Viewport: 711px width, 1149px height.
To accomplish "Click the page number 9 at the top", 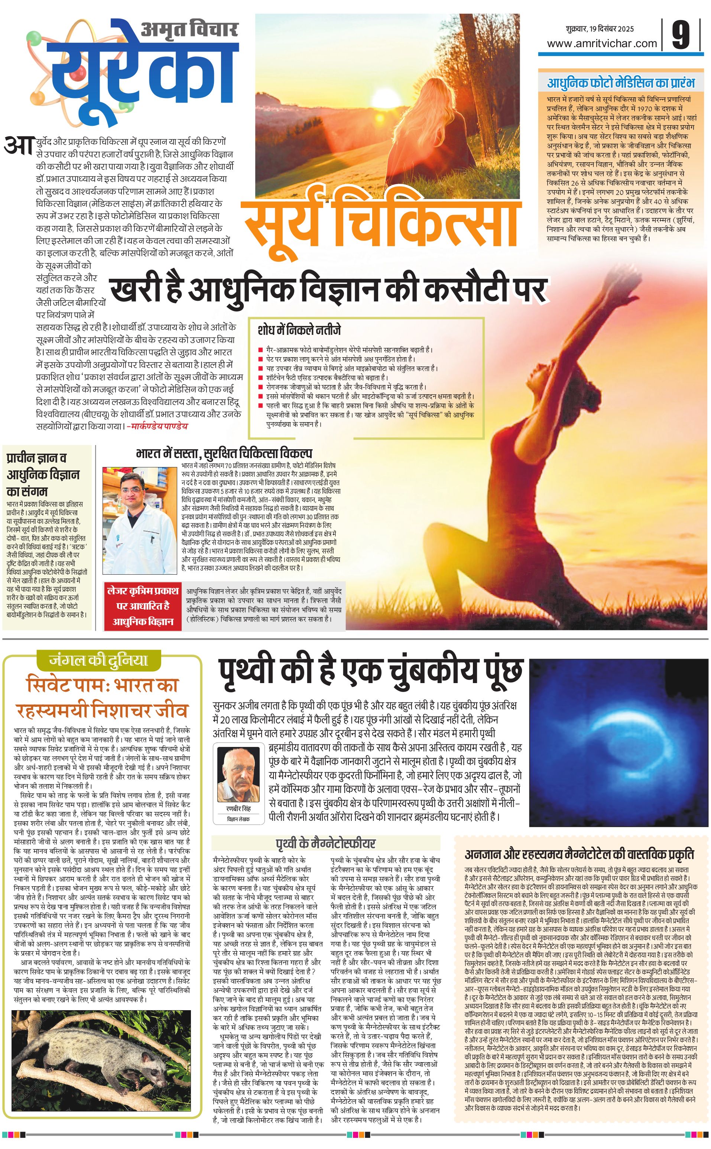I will [681, 34].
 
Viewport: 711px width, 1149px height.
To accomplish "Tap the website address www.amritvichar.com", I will [602, 44].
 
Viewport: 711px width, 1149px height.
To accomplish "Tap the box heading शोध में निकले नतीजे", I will [299, 329].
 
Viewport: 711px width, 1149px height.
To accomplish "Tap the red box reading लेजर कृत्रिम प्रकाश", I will [143, 606].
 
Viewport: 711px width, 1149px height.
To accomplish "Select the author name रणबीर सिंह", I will [239, 808].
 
